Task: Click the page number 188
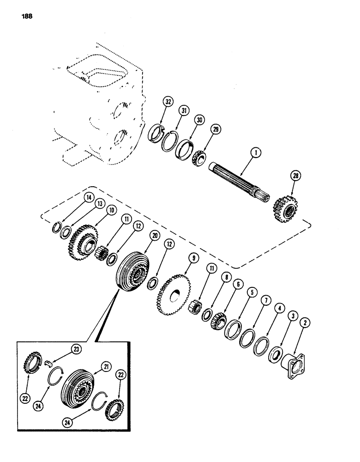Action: [x=26, y=19]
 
